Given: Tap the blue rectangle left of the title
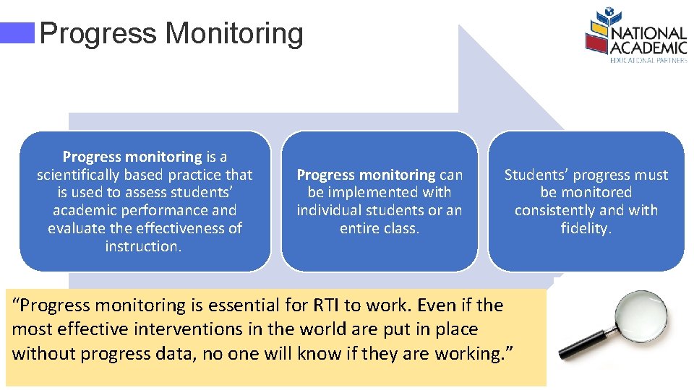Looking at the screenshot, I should [x=18, y=33].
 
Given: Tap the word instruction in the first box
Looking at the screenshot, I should [x=142, y=246].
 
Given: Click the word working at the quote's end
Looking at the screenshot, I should [x=470, y=353].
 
